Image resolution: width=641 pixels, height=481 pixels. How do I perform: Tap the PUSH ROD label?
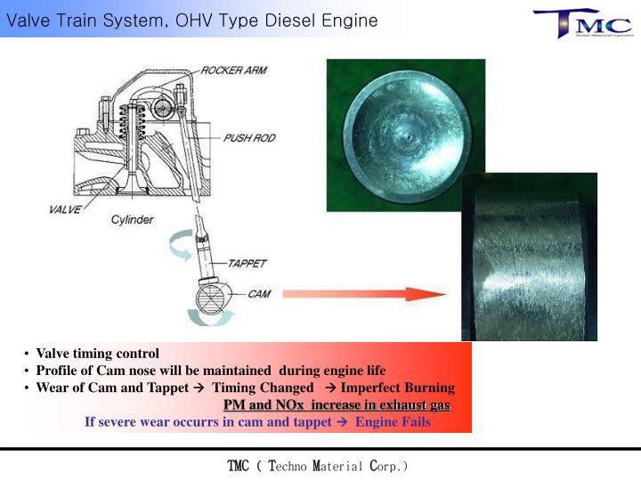click(249, 138)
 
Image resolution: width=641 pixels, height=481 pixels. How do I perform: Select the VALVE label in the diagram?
click(64, 211)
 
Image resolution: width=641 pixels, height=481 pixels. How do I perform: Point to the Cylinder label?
click(132, 220)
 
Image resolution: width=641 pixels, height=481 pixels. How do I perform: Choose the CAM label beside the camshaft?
click(259, 292)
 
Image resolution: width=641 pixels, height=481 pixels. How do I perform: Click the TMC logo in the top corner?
click(582, 23)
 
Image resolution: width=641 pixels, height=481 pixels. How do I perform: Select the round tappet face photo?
click(405, 135)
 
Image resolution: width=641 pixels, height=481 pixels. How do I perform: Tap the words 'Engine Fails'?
click(393, 422)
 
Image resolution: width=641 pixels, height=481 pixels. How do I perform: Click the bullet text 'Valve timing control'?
click(97, 354)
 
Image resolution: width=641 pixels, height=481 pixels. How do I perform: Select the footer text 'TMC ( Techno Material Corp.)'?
click(318, 466)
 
